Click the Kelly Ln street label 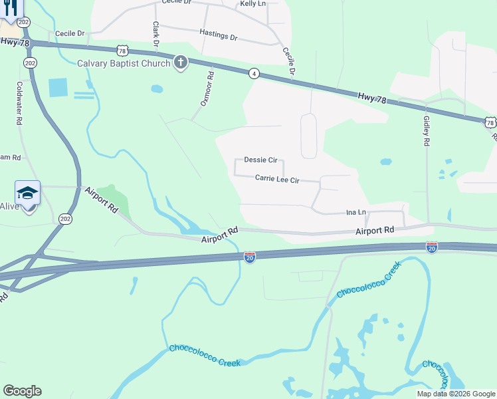coord(252,4)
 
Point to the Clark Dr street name coord(156,34)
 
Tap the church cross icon coord(180,63)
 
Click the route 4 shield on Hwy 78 coord(254,74)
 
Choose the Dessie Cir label coord(260,160)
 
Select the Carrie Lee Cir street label coord(277,179)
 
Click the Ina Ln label coord(356,213)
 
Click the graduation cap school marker coord(27,193)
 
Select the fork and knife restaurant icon coord(10,8)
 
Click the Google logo coord(22,391)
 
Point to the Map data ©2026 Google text coord(456,394)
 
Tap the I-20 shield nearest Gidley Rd coord(432,247)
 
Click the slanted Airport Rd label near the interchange coord(102,199)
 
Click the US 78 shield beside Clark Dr coord(121,51)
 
